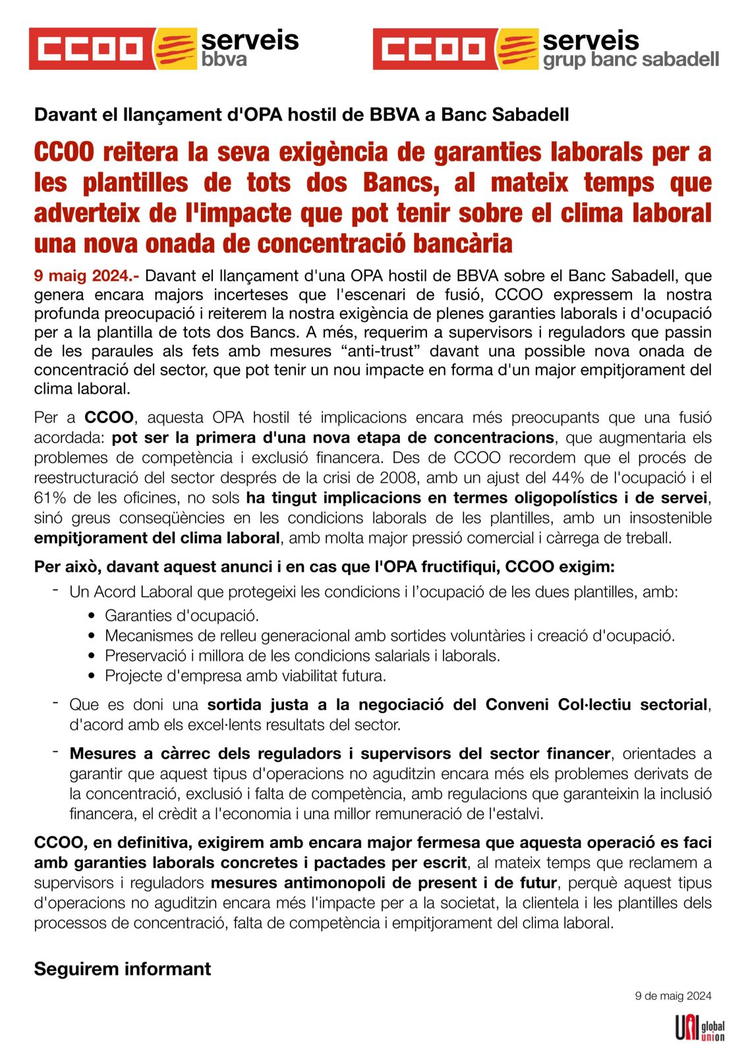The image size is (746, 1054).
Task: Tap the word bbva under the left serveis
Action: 224,60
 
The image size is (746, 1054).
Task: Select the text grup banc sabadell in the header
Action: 631,60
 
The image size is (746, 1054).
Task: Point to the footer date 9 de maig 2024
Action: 673,996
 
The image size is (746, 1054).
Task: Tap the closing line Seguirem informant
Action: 123,969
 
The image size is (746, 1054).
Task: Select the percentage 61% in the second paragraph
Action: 48,497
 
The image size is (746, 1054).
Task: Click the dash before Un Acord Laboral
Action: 56,590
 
